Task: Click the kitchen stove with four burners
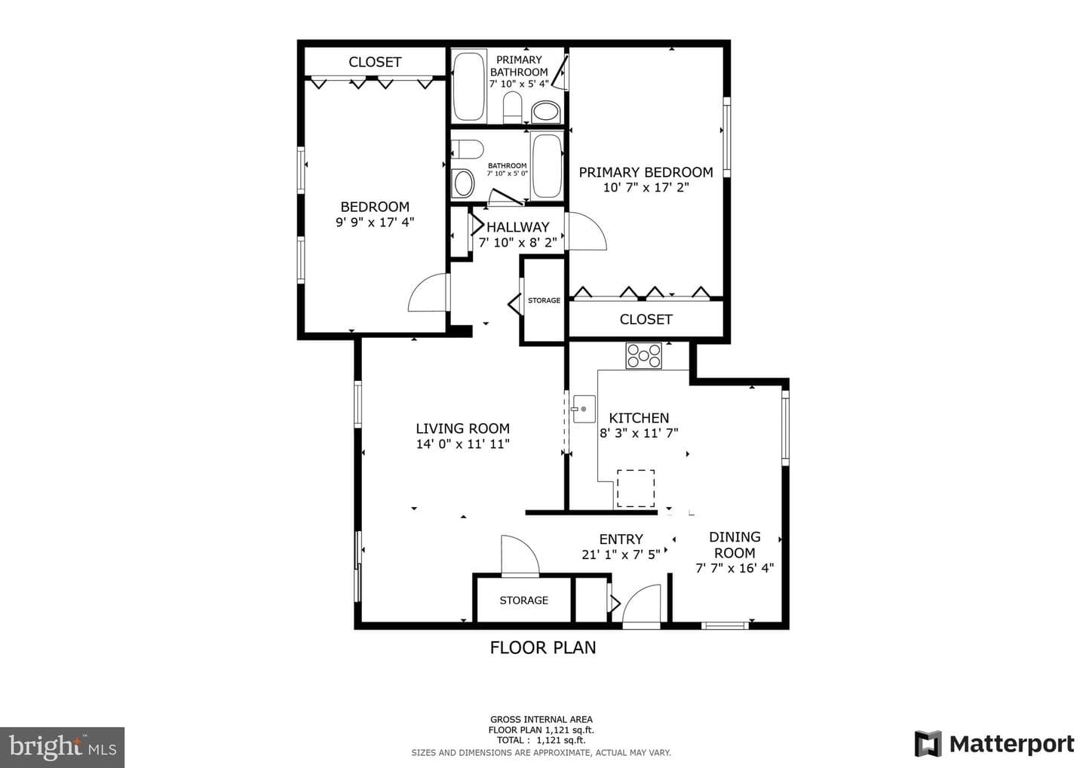point(643,355)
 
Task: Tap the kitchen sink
point(584,409)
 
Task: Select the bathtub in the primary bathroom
point(469,86)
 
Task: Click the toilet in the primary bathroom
point(512,108)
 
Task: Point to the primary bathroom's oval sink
point(546,112)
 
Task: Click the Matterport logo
point(994,744)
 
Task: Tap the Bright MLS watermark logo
point(62,747)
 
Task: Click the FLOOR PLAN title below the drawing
point(542,648)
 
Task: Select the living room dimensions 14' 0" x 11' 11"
point(462,444)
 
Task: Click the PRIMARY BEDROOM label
point(646,172)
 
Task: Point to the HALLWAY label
point(518,227)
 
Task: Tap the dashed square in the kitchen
point(636,488)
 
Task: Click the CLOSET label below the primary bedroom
point(646,319)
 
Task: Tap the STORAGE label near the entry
point(523,601)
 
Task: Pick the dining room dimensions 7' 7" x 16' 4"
point(735,568)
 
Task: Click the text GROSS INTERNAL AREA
point(541,720)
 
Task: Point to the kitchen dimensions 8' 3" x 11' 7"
point(639,432)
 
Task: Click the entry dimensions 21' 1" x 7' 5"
point(621,554)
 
